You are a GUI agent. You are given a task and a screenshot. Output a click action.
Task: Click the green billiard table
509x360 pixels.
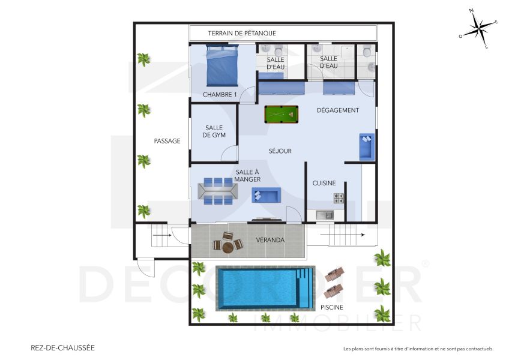pyautogui.click(x=281, y=113)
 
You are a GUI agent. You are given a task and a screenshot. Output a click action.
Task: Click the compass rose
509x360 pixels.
pyautogui.click(x=478, y=28)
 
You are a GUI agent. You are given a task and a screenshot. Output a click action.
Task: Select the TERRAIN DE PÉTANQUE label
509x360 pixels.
pyautogui.click(x=242, y=33)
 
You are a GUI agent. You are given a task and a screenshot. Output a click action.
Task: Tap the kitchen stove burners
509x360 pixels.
pyautogui.click(x=339, y=198)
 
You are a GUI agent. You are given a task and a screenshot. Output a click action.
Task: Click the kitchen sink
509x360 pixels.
pyautogui.click(x=325, y=214)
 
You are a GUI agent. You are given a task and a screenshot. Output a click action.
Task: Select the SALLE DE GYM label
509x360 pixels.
pyautogui.click(x=214, y=131)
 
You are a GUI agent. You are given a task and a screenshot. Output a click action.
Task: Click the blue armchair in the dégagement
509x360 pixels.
pyautogui.click(x=366, y=146)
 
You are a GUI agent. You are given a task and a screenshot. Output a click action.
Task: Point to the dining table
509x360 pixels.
pyautogui.click(x=218, y=191)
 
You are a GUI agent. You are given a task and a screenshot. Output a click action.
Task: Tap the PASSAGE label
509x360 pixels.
pyautogui.click(x=167, y=141)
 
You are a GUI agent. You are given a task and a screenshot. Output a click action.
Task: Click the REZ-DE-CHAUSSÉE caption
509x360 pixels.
pyautogui.click(x=62, y=347)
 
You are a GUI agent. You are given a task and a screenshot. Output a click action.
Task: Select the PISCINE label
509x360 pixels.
pyautogui.click(x=331, y=307)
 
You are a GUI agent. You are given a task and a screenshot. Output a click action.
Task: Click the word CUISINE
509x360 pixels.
pyautogui.click(x=324, y=183)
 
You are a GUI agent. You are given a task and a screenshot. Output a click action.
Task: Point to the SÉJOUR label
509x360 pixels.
pyautogui.click(x=280, y=151)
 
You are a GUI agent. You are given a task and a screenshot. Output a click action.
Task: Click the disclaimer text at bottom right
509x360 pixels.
pyautogui.click(x=418, y=349)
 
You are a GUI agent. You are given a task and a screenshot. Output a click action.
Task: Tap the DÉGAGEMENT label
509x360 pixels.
pyautogui.click(x=338, y=110)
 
